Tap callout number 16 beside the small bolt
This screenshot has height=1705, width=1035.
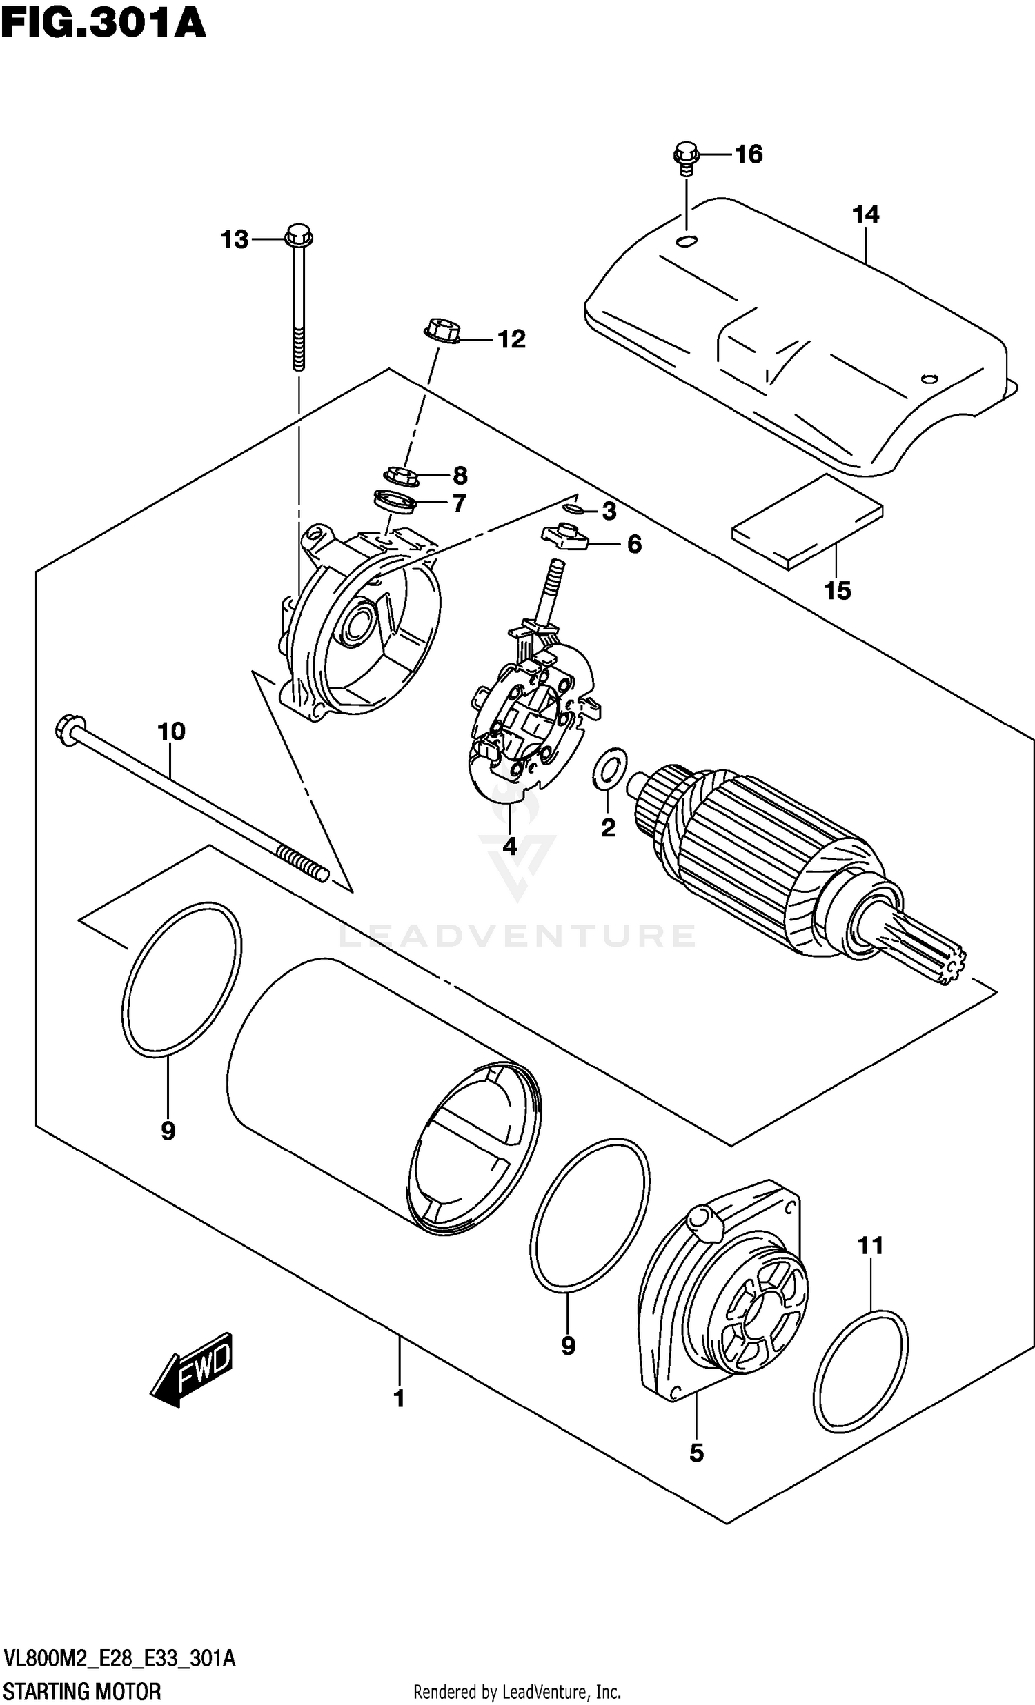[x=748, y=154]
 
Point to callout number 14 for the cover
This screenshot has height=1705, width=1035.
[x=865, y=214]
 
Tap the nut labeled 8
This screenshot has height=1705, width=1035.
[x=400, y=476]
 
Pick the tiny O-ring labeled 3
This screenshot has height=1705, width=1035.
[x=573, y=510]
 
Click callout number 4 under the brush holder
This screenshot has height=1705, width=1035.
[x=509, y=845]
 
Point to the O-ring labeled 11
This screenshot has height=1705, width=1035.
[x=860, y=1369]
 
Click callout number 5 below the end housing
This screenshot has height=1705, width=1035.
[x=696, y=1453]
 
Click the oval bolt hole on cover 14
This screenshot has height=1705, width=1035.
[x=687, y=241]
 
